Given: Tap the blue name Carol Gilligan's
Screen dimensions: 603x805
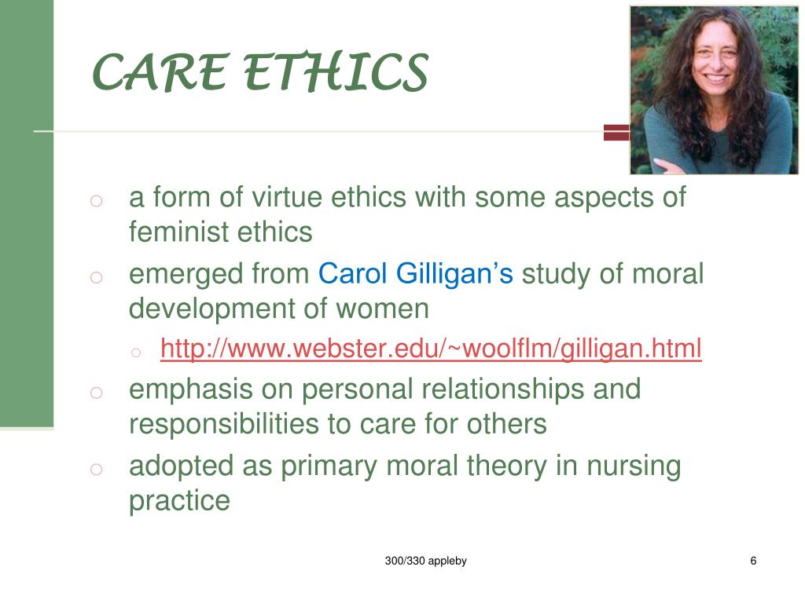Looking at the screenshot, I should point(415,274).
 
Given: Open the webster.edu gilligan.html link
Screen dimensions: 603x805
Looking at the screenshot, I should point(431,348).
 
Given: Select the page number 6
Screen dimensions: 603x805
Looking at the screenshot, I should point(753,561).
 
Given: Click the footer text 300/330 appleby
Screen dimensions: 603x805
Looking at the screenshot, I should point(425,561).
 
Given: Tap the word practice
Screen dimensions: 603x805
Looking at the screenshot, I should point(179,501).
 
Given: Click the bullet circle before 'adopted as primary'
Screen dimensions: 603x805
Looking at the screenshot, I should point(96,470).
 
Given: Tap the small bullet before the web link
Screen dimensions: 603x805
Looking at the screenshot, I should point(136,353).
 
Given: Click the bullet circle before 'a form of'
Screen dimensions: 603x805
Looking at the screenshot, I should point(96,201).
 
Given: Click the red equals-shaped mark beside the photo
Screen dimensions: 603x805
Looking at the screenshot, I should point(616,132).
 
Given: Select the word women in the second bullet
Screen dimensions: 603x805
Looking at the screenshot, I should point(383,309).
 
